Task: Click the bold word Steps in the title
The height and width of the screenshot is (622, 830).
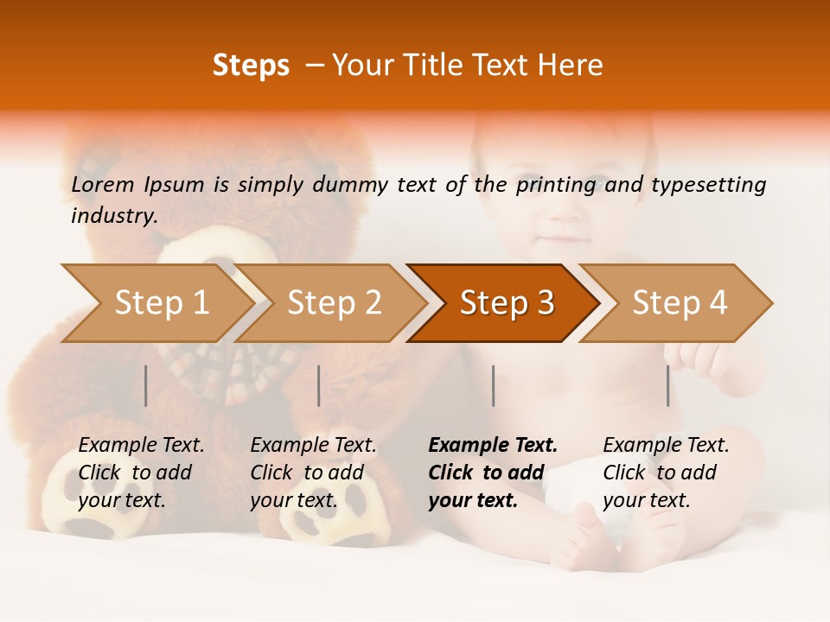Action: [251, 66]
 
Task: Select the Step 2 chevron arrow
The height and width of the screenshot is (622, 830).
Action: [334, 303]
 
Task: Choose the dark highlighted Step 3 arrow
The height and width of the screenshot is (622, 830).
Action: [506, 303]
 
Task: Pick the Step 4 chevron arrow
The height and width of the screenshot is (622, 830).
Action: [679, 303]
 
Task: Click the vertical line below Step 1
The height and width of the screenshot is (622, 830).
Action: [146, 385]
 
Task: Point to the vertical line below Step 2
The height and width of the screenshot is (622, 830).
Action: [319, 385]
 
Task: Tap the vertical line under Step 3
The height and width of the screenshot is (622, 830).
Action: [493, 385]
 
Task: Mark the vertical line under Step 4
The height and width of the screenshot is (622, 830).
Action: [667, 385]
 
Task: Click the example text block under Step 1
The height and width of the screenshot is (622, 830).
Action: [141, 473]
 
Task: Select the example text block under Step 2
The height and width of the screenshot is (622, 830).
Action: [313, 473]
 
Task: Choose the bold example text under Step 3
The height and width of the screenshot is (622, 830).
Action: [493, 473]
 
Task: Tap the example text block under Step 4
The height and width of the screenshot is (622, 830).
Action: [666, 473]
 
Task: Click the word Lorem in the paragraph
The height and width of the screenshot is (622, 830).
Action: [103, 184]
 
